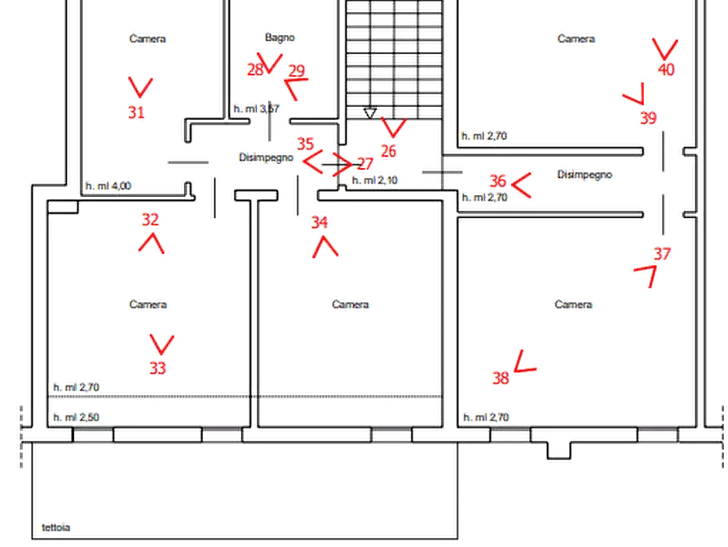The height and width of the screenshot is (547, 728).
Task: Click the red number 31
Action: coord(136,112)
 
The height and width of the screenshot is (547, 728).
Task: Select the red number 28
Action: coord(256,70)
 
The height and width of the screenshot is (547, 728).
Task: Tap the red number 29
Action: coord(296,71)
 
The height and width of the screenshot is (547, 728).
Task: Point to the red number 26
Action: coord(388,151)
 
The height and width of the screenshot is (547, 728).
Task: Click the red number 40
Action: coord(666,69)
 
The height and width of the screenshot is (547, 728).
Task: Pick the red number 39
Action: coord(648,118)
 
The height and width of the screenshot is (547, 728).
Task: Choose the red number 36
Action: coord(498,180)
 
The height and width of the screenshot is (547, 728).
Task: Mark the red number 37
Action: coord(662,255)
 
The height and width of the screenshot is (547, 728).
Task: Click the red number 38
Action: coord(501,379)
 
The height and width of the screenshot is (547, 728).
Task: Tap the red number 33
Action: coord(158,369)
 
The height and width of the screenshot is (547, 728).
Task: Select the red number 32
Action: coord(151,220)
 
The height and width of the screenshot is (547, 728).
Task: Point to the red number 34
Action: coord(320,221)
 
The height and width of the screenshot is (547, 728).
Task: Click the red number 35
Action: coord(305,144)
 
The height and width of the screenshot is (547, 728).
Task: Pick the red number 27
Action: coord(365,164)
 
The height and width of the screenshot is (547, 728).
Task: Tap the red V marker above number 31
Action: coord(140,87)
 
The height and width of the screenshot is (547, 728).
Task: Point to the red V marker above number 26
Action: coord(393,127)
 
